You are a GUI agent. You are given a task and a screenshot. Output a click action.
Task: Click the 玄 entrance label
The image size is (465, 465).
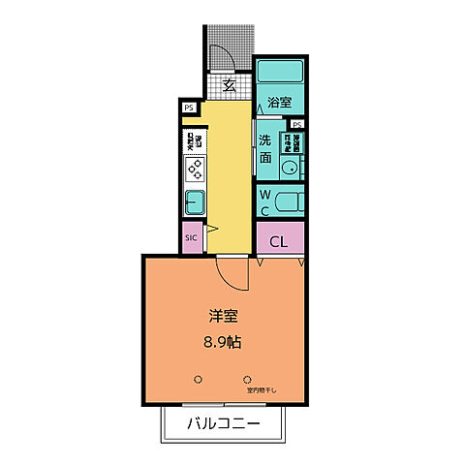[x=230, y=85]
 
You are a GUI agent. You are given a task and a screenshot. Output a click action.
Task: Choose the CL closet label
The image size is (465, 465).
[x=279, y=240]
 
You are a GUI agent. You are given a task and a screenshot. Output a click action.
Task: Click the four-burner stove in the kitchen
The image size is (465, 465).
[x=194, y=170]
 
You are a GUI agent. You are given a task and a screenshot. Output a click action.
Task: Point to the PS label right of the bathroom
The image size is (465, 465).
[x=296, y=125]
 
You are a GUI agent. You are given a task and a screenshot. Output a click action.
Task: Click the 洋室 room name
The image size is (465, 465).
[x=224, y=316]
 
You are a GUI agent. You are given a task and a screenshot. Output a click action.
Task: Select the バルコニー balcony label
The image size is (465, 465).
[x=223, y=423]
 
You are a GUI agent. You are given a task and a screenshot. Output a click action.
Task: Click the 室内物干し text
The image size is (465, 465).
[x=262, y=390]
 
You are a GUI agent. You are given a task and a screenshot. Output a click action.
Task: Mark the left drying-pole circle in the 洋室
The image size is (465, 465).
[x=199, y=378]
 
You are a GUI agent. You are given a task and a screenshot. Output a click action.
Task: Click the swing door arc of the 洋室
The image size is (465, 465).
[x=232, y=276]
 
